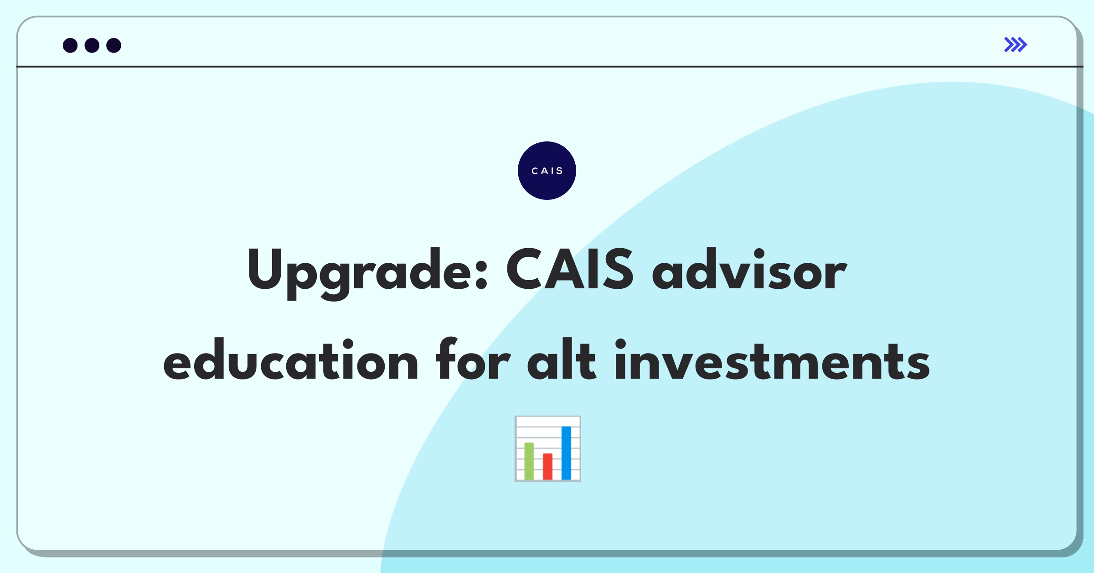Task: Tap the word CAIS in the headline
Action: [x=569, y=270]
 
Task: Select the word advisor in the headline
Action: [x=749, y=270]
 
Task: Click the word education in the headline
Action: [x=290, y=360]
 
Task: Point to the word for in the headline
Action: [x=473, y=360]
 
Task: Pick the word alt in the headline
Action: [x=561, y=360]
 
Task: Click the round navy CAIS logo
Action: [x=547, y=171]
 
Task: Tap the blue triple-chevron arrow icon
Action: [x=1015, y=45]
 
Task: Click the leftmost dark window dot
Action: [x=70, y=46]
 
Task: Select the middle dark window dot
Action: [x=92, y=46]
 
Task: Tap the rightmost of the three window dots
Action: [x=114, y=46]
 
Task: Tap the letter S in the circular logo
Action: [x=559, y=171]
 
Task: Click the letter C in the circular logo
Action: [x=535, y=171]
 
